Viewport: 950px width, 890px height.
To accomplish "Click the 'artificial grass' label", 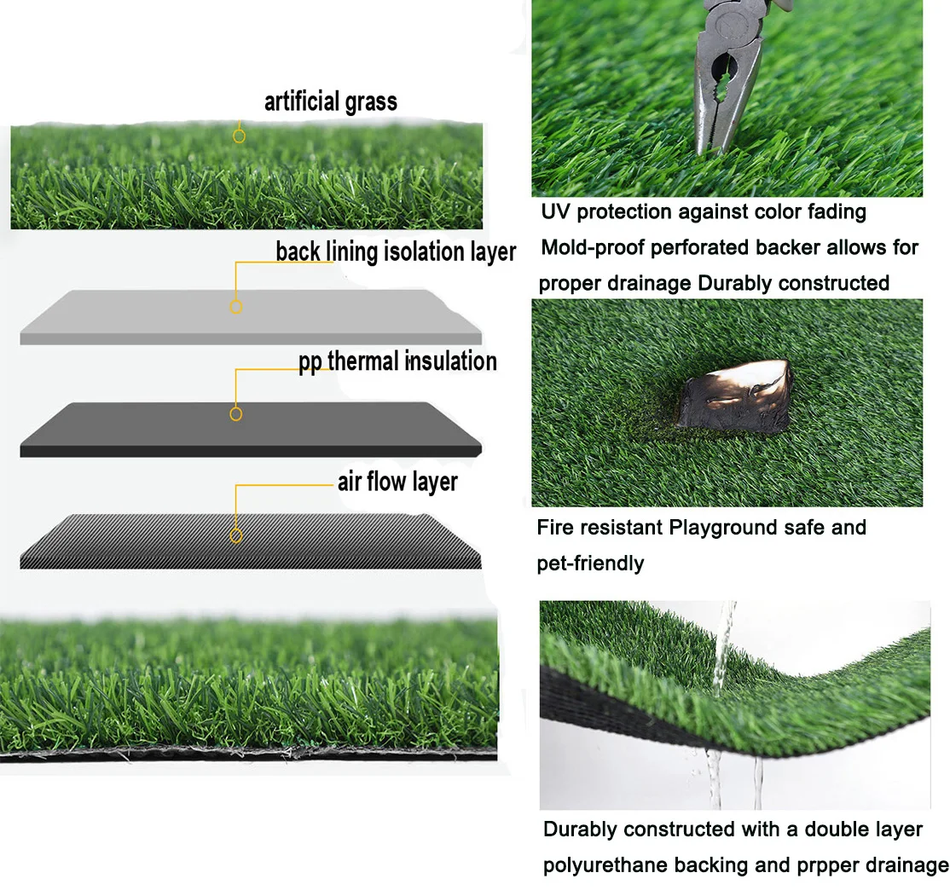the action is point(330,102).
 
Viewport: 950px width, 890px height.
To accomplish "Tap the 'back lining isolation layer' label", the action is point(396,252).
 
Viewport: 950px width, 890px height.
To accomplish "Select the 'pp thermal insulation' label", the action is point(397,361).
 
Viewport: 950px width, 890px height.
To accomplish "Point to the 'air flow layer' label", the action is point(397,482).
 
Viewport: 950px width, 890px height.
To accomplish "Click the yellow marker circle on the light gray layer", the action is point(236,306).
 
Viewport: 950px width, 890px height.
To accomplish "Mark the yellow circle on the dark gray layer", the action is point(236,413).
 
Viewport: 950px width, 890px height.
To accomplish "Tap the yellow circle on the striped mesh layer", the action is point(236,535).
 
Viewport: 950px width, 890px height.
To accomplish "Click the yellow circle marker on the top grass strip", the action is point(240,135).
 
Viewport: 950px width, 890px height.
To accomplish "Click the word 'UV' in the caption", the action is point(556,211).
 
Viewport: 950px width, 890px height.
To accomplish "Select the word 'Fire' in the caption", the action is point(554,528).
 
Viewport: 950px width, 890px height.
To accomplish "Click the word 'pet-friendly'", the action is point(590,563).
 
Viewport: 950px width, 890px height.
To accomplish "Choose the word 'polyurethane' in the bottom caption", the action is point(605,866).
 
